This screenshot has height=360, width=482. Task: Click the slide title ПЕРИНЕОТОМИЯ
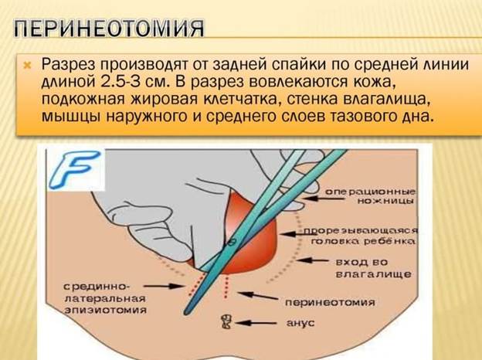click(x=108, y=29)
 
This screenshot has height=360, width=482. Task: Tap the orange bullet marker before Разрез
click(x=28, y=65)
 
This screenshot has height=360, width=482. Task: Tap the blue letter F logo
click(x=75, y=169)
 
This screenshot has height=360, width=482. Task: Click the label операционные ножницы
click(x=371, y=196)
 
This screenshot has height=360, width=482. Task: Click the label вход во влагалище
click(x=373, y=268)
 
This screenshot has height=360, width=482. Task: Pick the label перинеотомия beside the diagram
click(x=330, y=303)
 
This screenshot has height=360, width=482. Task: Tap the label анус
click(x=300, y=323)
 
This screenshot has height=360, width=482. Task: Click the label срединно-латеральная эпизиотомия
click(x=105, y=298)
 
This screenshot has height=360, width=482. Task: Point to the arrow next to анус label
click(x=256, y=323)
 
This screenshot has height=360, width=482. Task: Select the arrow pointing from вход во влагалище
click(x=312, y=260)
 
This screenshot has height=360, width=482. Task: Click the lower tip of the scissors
click(x=185, y=313)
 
